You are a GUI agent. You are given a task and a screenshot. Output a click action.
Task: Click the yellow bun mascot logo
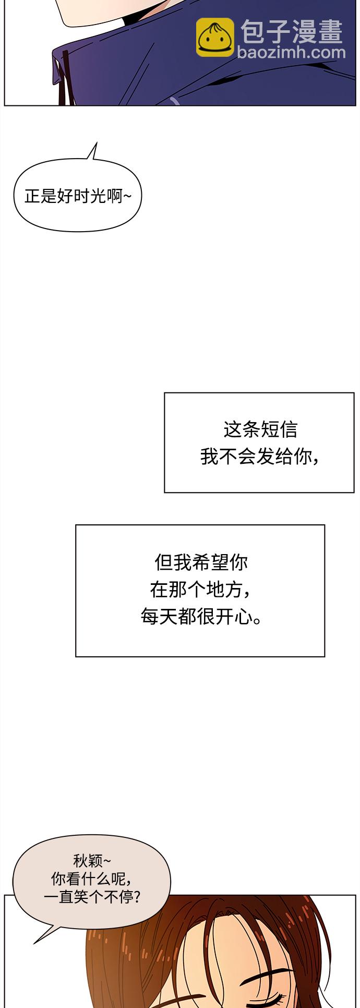(x=215, y=38)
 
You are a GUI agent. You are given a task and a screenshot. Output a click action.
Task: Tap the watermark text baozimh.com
(x=291, y=52)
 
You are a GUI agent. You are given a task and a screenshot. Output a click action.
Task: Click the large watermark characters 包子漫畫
(x=292, y=31)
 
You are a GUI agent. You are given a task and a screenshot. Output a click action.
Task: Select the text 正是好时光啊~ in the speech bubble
(x=78, y=196)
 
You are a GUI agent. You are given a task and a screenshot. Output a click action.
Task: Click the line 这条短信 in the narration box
(x=260, y=429)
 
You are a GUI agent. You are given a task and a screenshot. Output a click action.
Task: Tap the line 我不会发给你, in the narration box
(x=260, y=457)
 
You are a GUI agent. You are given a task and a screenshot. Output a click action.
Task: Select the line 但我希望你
(x=201, y=562)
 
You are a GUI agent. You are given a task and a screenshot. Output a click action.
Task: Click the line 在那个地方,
(x=200, y=590)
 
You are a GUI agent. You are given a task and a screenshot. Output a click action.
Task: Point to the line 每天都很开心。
(x=201, y=617)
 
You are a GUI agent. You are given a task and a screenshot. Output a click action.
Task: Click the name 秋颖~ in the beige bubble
(x=92, y=860)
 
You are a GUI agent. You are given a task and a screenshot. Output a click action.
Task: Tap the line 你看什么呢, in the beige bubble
(x=91, y=879)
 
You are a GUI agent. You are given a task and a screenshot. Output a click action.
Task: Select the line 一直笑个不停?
(x=92, y=897)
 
